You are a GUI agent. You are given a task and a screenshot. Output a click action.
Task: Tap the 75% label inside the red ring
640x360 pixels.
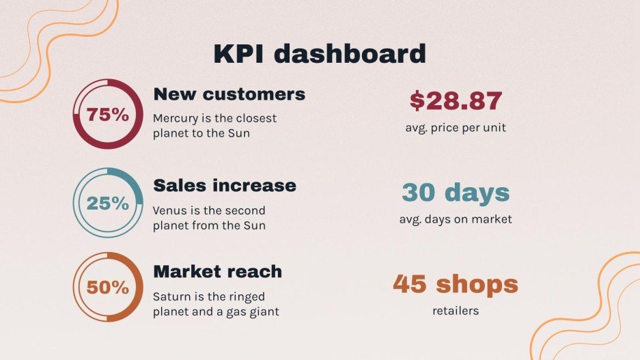tap(107, 115)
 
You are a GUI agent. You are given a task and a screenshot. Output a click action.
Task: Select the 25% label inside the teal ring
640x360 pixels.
tap(107, 203)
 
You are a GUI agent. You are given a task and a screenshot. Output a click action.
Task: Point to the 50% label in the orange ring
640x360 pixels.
tap(107, 288)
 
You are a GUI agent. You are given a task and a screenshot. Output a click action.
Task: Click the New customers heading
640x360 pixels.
tap(229, 94)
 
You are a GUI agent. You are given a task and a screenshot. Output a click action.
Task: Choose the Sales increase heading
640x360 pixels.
tap(225, 185)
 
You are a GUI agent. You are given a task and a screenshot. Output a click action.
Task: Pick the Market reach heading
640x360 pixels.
tap(217, 271)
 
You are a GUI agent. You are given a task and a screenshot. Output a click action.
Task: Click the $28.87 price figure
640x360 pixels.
tap(456, 101)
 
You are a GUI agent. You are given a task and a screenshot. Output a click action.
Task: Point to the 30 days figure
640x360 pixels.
tap(456, 193)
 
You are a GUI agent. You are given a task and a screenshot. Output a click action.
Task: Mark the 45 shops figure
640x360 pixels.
tap(456, 283)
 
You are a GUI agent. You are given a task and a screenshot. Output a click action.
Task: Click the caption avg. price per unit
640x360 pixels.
tap(456, 128)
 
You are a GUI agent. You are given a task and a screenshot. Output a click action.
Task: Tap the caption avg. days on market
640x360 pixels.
tap(456, 219)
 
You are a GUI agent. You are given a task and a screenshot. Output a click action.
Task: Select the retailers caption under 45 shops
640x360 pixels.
tap(456, 311)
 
